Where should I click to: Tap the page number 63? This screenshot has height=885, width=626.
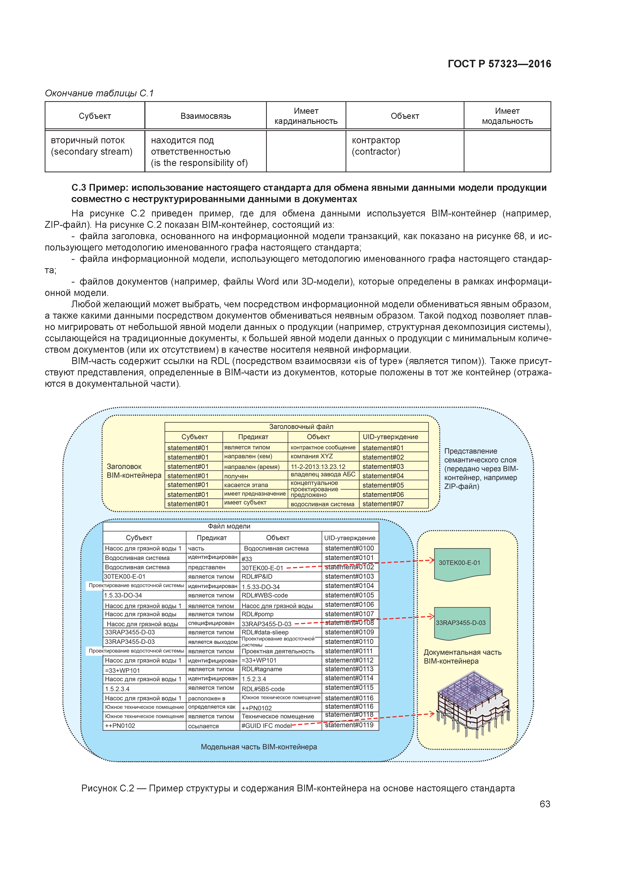coord(545,804)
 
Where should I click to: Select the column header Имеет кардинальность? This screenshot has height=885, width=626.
coord(306,116)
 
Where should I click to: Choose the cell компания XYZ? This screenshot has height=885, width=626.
coord(312,456)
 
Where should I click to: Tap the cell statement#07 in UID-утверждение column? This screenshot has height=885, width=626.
coord(383,504)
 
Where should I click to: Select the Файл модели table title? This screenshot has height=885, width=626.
coord(229,526)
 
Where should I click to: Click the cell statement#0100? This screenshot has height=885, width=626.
coord(349,548)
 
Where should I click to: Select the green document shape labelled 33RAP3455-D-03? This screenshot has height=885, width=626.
coord(462,623)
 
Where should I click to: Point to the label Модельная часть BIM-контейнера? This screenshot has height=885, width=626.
coord(259,746)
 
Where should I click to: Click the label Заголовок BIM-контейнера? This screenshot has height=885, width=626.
coord(134,471)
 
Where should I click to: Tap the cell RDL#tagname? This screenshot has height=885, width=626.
coord(262,669)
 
